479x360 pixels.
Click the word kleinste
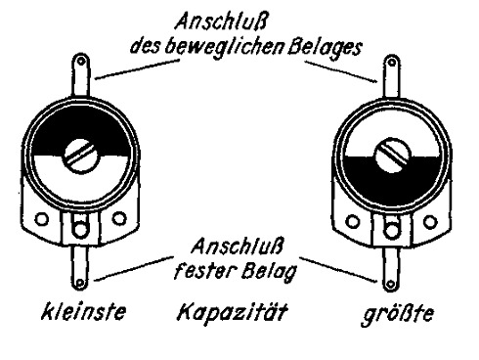[83, 311]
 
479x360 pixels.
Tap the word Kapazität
[233, 312]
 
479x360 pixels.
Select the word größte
[398, 314]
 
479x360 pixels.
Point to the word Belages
[325, 48]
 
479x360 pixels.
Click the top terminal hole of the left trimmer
[80, 61]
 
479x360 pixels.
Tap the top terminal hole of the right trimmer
[392, 62]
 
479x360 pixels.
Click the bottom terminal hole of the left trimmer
[80, 283]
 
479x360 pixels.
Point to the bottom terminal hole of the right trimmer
[391, 285]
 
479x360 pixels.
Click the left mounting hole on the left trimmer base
[41, 218]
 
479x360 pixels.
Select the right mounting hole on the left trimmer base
[119, 218]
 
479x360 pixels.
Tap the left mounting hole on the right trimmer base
[353, 221]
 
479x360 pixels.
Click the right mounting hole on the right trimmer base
[430, 221]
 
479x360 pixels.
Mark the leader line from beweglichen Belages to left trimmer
[138, 68]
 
